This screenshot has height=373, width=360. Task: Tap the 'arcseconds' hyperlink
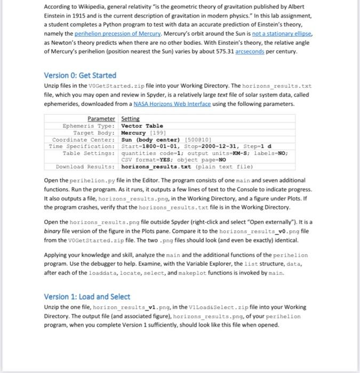[270, 53]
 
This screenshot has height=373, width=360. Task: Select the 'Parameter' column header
[101, 118]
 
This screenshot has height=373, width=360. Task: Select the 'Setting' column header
[130, 118]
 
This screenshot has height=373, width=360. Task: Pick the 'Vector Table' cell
[142, 126]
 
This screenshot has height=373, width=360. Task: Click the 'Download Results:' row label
[85, 166]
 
